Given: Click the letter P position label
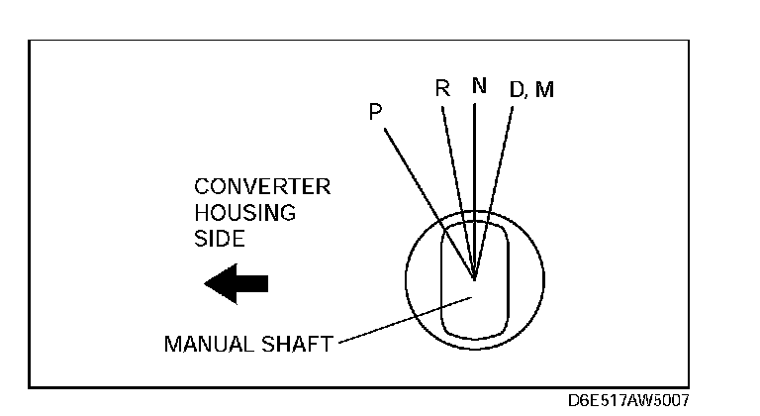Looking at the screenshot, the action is (375, 112).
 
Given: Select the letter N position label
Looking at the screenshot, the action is (479, 85).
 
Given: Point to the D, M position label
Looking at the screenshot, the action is (531, 89).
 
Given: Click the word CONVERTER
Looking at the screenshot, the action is (262, 187).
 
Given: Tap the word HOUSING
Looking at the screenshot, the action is (244, 213).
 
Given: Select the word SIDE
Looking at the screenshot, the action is (219, 239).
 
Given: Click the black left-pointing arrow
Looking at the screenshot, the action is (236, 283).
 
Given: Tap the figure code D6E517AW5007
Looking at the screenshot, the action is (628, 401).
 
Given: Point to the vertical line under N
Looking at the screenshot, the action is (475, 178).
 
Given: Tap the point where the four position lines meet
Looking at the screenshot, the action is (475, 278).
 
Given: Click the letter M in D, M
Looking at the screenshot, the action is (544, 89).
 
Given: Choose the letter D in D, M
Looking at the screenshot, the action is (517, 89).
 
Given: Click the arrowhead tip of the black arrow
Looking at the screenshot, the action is (206, 283).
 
